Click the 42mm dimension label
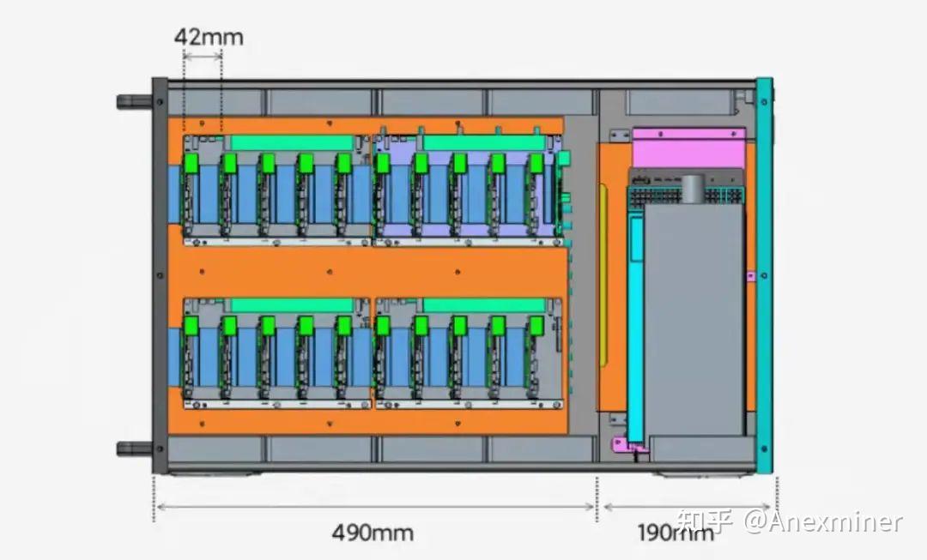click(208, 37)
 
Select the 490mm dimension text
click(373, 533)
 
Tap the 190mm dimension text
click(676, 533)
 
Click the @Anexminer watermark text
click(823, 521)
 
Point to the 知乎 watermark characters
click(706, 521)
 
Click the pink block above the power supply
click(688, 148)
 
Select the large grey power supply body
click(694, 319)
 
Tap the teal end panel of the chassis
click(764, 275)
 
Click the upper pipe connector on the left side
click(135, 101)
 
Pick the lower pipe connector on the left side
click(135, 449)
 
